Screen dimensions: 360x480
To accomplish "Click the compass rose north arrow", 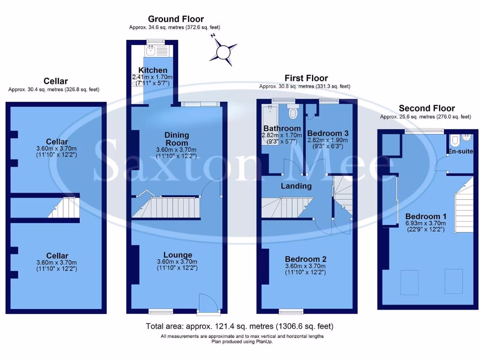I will point(225,50).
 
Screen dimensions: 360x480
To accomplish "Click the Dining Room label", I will point(176,139).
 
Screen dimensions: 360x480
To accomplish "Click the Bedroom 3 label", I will point(327,133).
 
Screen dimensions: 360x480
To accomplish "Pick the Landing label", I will point(296,186).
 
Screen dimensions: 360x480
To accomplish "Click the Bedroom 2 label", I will point(305,259).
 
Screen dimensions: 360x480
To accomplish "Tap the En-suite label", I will point(461,151).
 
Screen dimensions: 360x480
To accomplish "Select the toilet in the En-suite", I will point(454,140).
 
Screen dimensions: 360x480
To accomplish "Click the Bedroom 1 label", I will point(425,216).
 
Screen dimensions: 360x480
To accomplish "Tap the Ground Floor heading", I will point(176,19).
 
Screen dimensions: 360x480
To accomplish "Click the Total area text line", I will point(240,326).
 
